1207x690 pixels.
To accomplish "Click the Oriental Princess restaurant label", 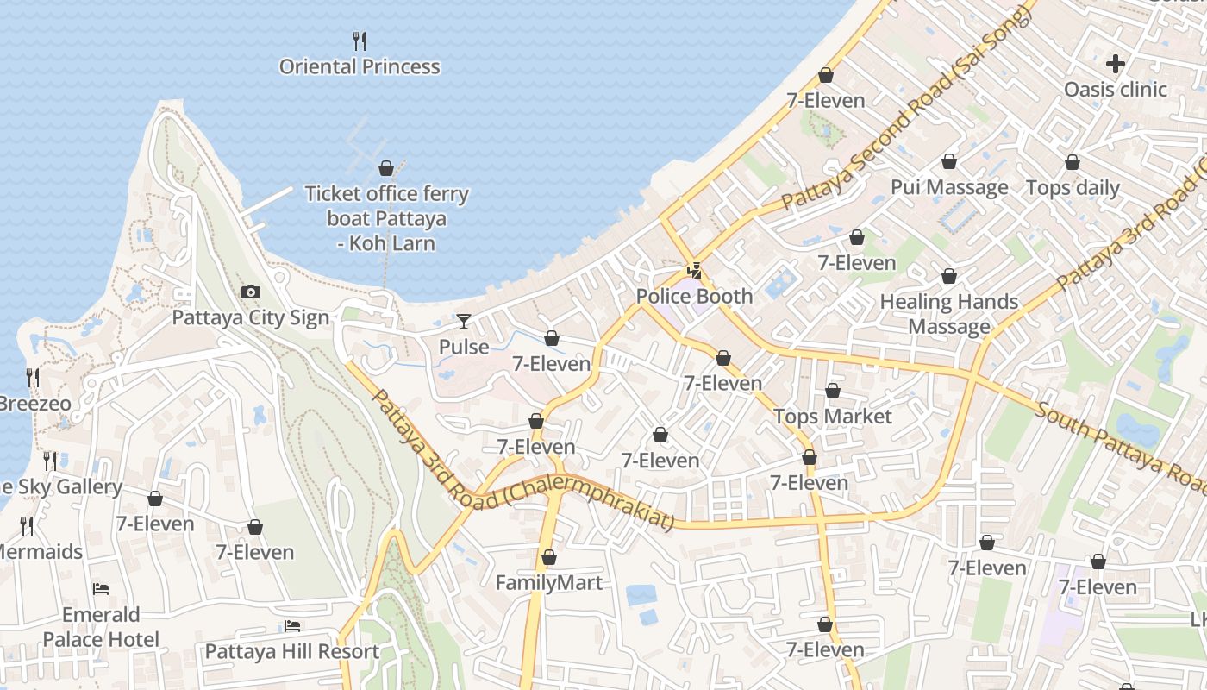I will click(x=360, y=66).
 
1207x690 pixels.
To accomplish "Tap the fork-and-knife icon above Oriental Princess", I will click(x=360, y=41).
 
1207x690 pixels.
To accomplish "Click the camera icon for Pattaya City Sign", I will click(x=251, y=292).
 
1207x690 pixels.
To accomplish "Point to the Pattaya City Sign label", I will click(x=251, y=317).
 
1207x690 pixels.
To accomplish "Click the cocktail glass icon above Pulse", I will click(x=464, y=322).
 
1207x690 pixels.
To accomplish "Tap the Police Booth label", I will click(x=694, y=296).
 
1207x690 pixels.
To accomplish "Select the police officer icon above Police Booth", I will click(x=694, y=271).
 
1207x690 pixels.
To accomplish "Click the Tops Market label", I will click(x=833, y=417).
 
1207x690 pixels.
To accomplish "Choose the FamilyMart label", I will click(x=549, y=583).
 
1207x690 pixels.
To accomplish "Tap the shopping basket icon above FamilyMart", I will click(x=549, y=558).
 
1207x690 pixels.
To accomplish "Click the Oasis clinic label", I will click(x=1116, y=89).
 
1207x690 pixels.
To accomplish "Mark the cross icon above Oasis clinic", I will click(x=1116, y=64).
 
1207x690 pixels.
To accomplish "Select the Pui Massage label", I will click(x=949, y=187).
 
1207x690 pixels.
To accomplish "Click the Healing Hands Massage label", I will click(x=949, y=314).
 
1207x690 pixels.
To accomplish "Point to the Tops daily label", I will click(x=1073, y=187).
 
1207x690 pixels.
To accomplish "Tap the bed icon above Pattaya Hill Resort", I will click(x=292, y=626).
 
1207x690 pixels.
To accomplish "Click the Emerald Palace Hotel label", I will click(x=101, y=627).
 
